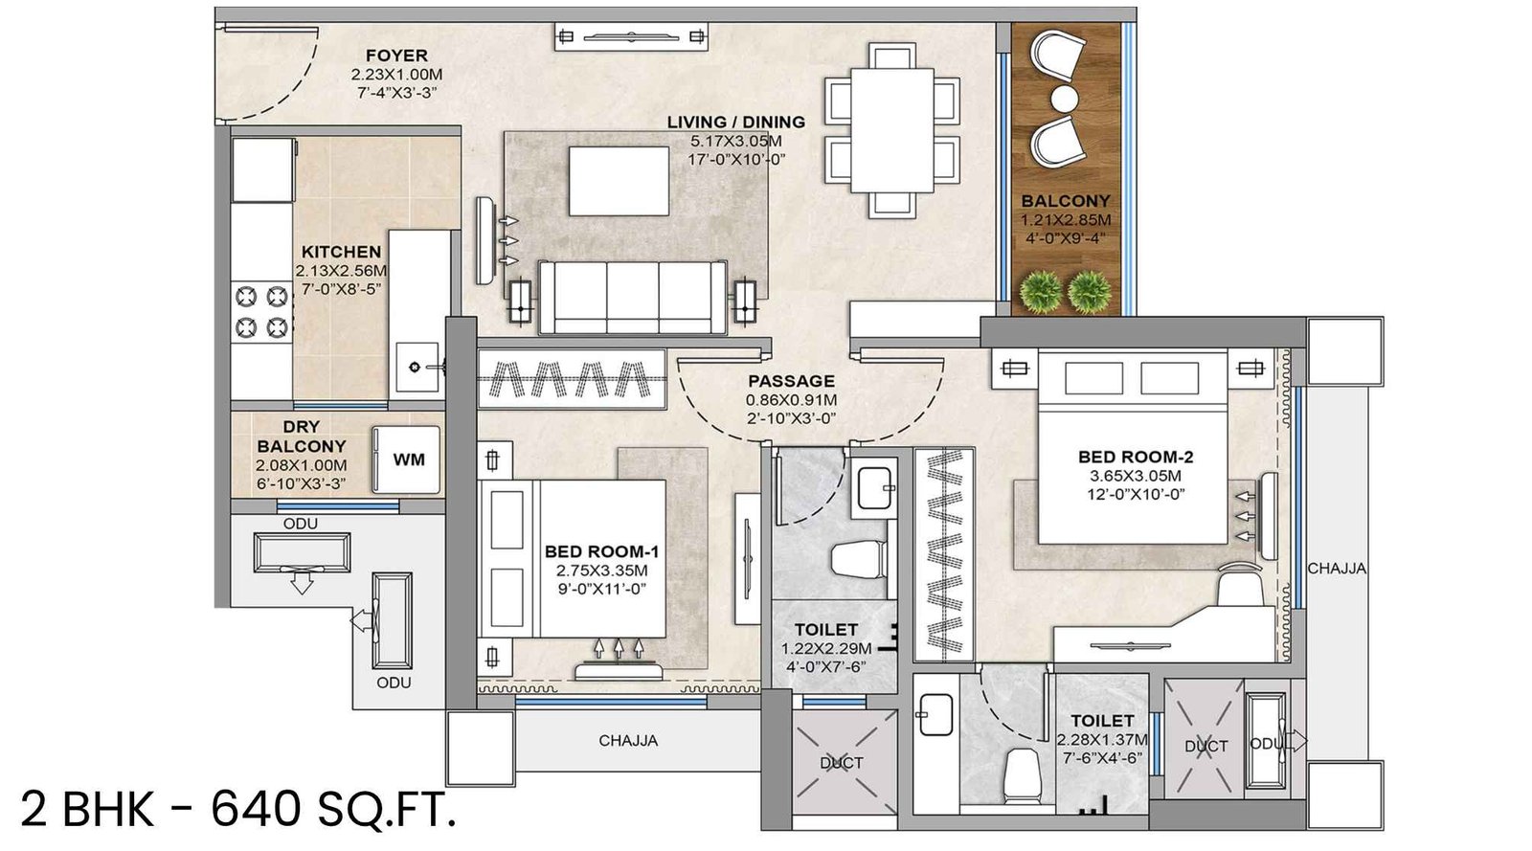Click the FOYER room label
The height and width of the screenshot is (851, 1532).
(396, 56)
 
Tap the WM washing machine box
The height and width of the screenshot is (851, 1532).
(408, 459)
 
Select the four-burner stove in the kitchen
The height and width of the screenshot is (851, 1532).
(261, 310)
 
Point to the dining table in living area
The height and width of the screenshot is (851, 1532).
(892, 129)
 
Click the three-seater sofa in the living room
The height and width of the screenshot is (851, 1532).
(632, 297)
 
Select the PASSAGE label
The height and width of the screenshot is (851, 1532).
(791, 381)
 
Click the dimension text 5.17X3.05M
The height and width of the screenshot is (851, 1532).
(735, 141)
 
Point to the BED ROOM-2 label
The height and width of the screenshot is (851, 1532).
(1136, 458)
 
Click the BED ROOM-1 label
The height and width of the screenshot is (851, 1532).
(601, 551)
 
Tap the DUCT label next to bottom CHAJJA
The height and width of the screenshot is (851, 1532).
(842, 763)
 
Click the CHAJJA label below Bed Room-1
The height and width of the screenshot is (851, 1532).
(628, 740)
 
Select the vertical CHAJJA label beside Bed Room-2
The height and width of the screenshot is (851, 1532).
(1337, 568)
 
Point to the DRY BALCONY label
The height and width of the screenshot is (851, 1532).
(301, 437)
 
